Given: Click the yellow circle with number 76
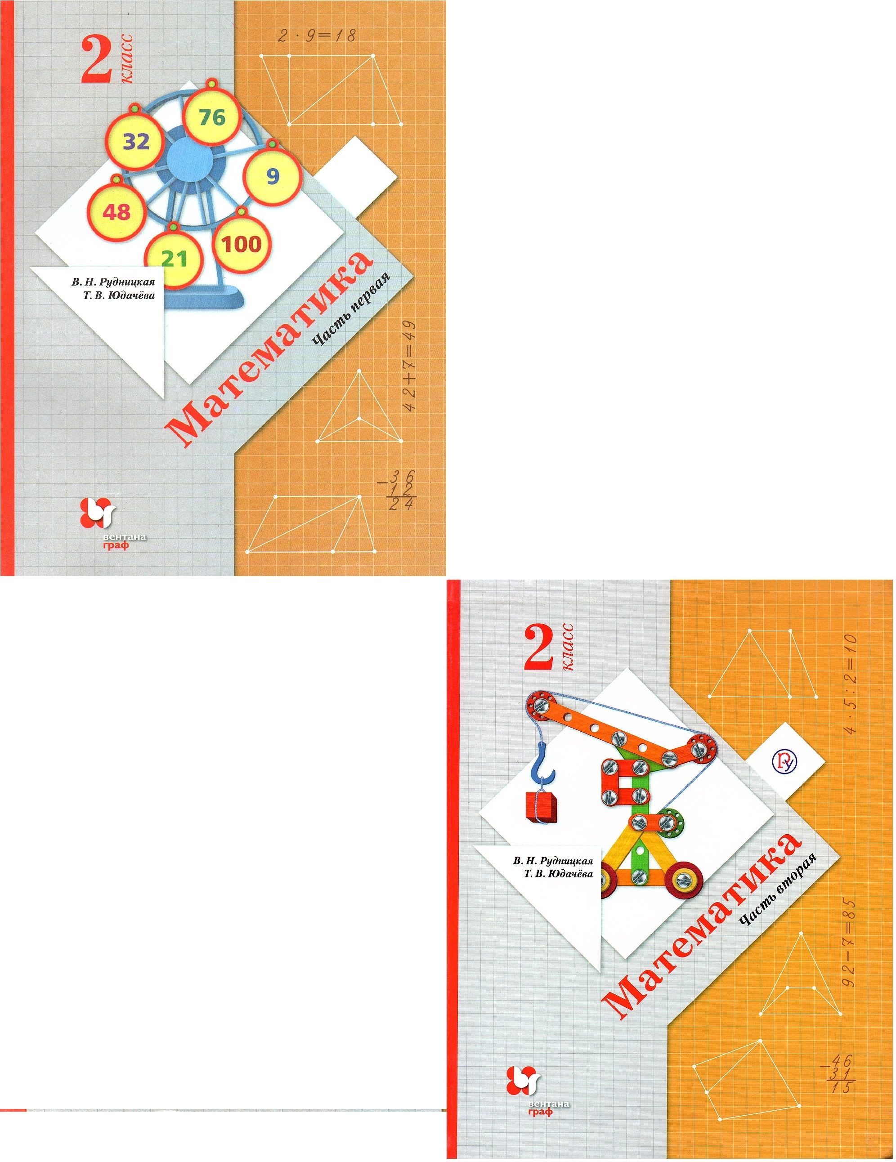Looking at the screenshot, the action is (213, 116).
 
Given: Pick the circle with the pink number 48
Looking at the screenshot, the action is (116, 212).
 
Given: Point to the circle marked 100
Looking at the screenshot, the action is (242, 243).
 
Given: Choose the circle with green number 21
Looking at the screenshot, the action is (174, 258).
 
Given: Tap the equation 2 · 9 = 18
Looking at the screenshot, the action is (318, 36).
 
